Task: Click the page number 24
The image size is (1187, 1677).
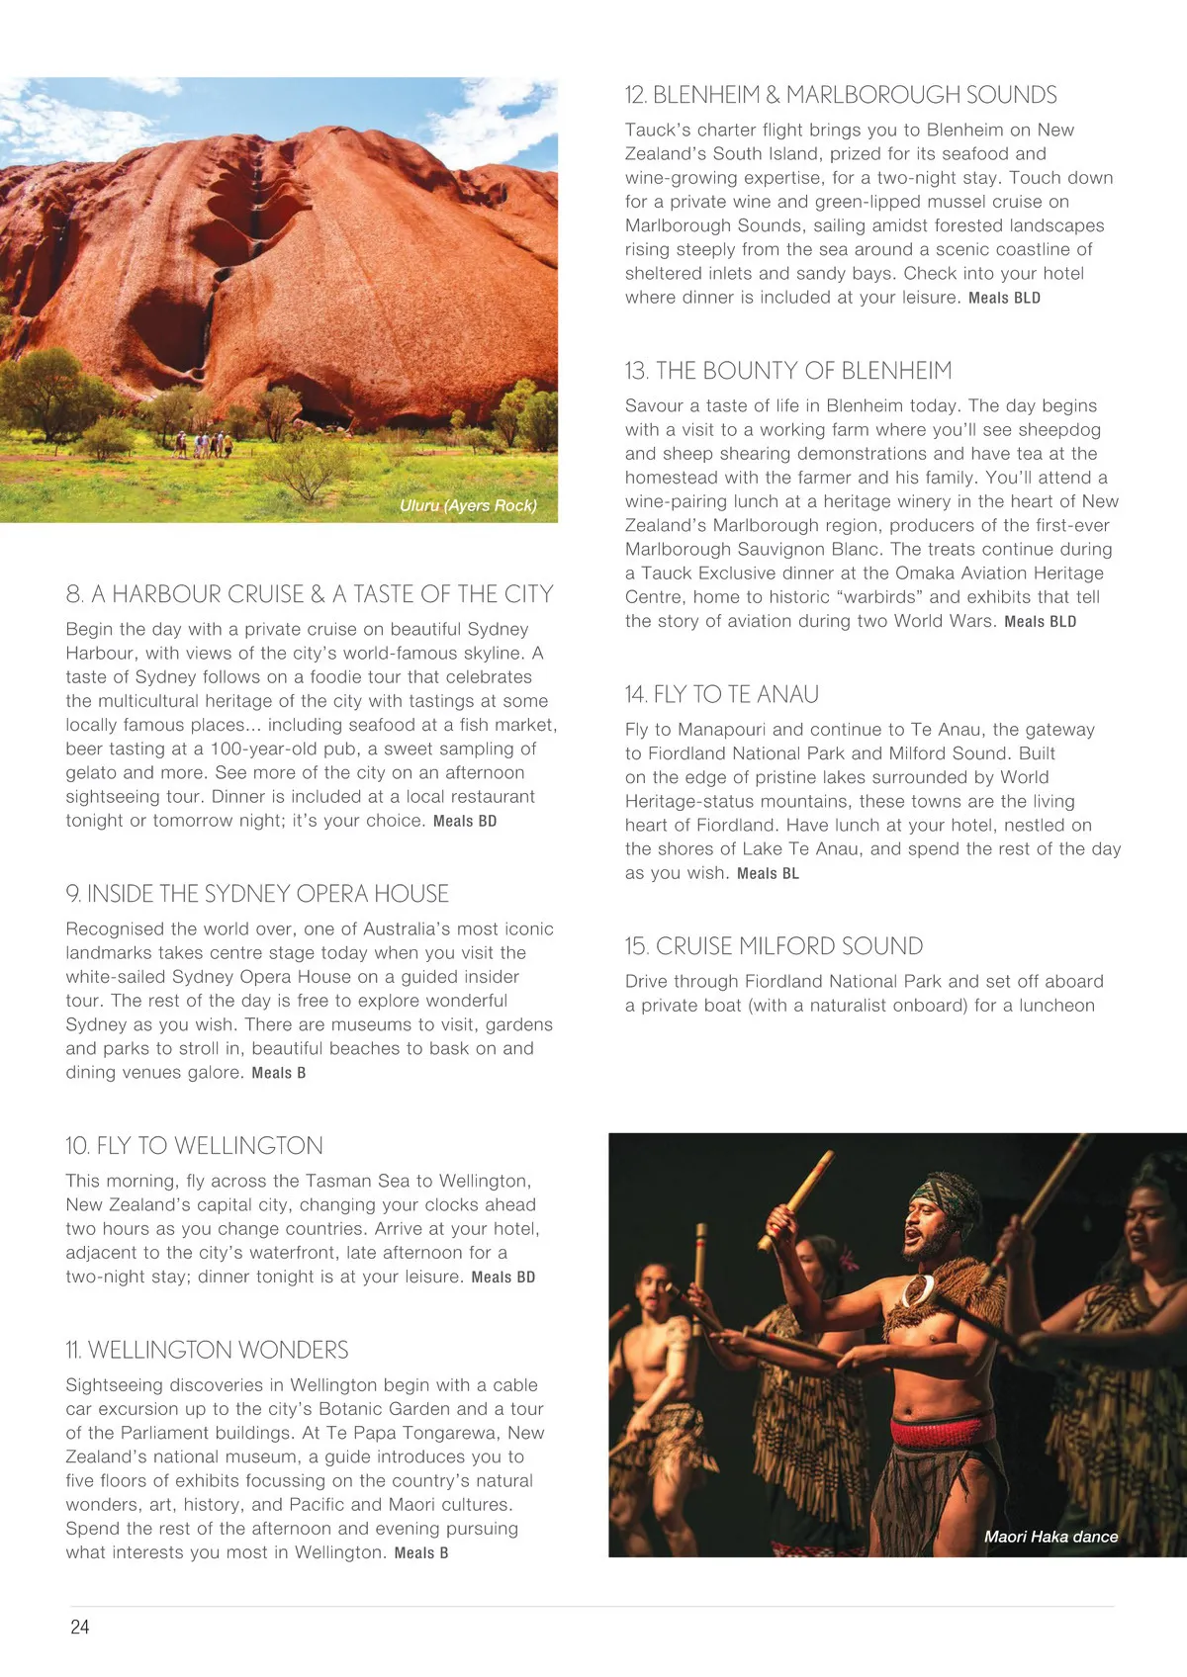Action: [80, 1627]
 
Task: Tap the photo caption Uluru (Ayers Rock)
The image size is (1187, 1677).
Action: [468, 505]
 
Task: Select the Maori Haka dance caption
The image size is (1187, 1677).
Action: [1050, 1537]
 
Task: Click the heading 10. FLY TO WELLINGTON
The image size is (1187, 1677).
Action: [194, 1146]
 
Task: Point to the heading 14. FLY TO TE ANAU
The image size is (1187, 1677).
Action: [721, 695]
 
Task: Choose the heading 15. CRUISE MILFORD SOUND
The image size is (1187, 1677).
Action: [774, 946]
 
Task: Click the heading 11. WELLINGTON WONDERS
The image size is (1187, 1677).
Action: [207, 1351]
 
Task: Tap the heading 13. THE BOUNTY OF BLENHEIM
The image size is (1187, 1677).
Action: [787, 371]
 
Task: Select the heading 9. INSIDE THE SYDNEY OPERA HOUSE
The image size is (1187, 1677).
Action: [257, 894]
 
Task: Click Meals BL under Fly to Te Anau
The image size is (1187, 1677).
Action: [768, 874]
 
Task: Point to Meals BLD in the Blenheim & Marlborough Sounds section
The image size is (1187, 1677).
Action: [1004, 299]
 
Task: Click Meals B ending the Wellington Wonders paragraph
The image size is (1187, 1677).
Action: [421, 1553]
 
